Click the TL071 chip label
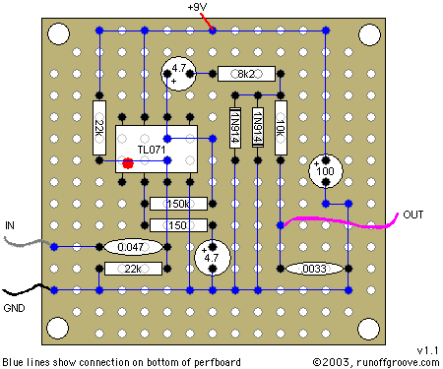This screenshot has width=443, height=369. pyautogui.click(x=152, y=150)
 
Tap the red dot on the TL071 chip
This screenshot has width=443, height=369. pyautogui.click(x=128, y=163)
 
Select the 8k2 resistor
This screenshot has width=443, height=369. pyautogui.click(x=246, y=74)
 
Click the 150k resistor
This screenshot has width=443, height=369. pyautogui.click(x=178, y=204)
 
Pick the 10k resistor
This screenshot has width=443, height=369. pyautogui.click(x=281, y=128)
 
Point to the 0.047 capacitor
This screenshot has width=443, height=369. pyautogui.click(x=133, y=247)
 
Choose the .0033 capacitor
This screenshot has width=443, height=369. pyautogui.click(x=314, y=269)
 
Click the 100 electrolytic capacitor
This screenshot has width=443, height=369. pyautogui.click(x=326, y=171)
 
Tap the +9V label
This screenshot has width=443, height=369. pyautogui.click(x=197, y=7)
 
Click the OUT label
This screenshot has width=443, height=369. pyautogui.click(x=413, y=215)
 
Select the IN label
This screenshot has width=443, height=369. pyautogui.click(x=10, y=225)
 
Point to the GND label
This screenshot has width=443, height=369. pyautogui.click(x=14, y=308)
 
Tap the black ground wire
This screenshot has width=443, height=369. pyautogui.click(x=28, y=289)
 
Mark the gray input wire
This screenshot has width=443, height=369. pyautogui.click(x=28, y=242)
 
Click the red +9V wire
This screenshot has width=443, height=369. pyautogui.click(x=207, y=22)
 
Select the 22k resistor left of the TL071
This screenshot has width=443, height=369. pyautogui.click(x=99, y=128)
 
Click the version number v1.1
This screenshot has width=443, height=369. pyautogui.click(x=427, y=350)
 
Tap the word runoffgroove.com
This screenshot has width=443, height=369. pyautogui.click(x=398, y=362)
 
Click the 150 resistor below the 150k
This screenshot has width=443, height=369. pyautogui.click(x=178, y=225)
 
